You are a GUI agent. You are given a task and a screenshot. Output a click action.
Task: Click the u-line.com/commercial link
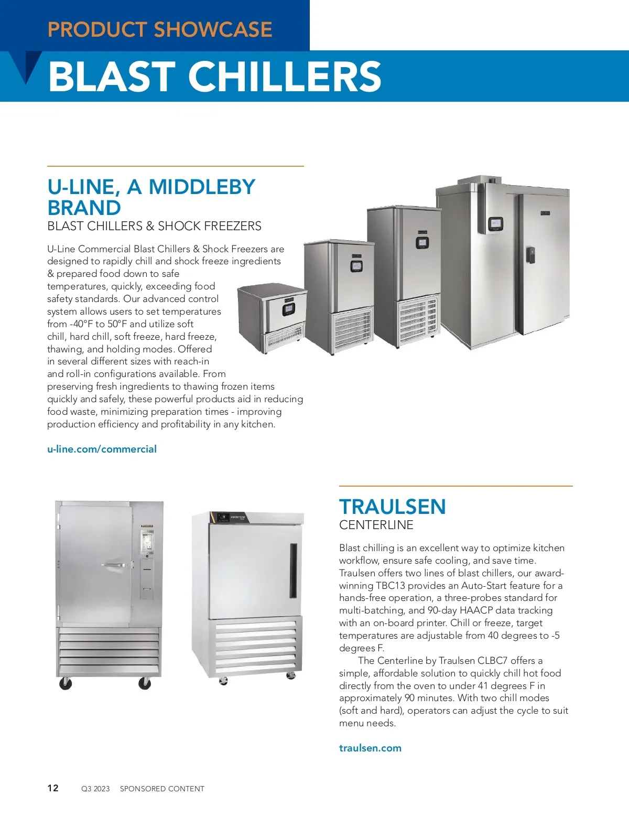(x=102, y=449)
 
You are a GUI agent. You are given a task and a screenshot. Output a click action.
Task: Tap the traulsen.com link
(x=370, y=748)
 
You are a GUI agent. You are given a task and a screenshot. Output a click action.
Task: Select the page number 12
(x=53, y=788)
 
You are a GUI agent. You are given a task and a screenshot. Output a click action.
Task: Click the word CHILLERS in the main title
(x=285, y=76)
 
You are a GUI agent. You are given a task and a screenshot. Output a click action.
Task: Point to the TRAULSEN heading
(x=392, y=507)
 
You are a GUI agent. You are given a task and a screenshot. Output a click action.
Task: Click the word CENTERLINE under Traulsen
(x=376, y=525)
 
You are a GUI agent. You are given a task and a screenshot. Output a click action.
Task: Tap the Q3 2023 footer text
(x=95, y=789)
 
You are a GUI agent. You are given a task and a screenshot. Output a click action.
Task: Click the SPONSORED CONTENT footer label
(x=162, y=789)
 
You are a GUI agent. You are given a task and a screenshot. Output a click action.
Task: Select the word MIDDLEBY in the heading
(x=202, y=187)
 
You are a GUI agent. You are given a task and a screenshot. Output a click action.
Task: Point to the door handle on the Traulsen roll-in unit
(x=115, y=565)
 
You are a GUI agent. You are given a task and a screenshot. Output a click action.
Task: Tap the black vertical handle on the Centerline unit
(x=293, y=571)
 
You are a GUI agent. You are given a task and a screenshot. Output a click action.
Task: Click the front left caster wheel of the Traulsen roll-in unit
(x=66, y=683)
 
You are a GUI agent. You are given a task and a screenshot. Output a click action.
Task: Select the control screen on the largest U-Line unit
(x=495, y=224)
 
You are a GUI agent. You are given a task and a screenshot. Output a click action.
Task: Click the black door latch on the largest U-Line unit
(x=531, y=255)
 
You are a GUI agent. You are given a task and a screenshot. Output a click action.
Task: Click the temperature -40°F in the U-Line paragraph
(x=81, y=324)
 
